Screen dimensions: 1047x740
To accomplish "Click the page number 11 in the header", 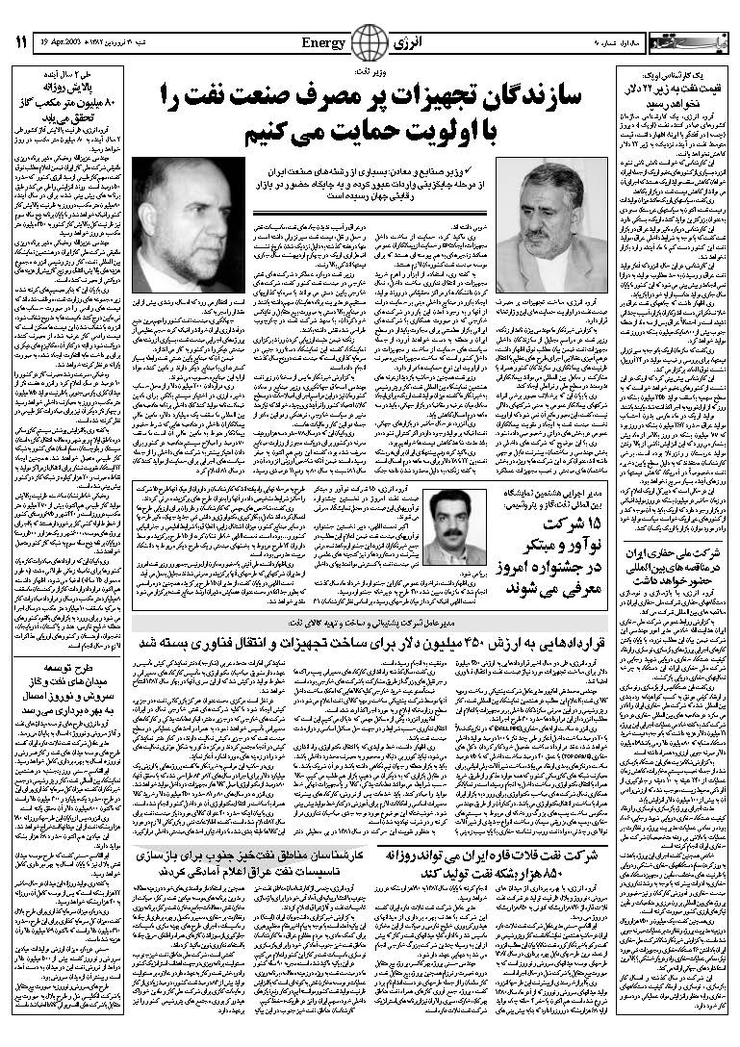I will click(x=20, y=42).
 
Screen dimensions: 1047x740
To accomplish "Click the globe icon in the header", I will click(x=366, y=43).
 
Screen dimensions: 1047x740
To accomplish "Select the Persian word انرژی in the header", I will click(x=406, y=42).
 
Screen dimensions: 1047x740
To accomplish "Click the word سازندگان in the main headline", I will click(x=535, y=95).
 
